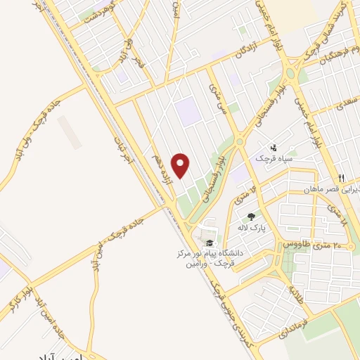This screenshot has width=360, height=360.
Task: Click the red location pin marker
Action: [x=181, y=165]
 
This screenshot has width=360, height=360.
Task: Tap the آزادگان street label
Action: [x=254, y=51]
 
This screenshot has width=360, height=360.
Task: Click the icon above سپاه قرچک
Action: [x=274, y=148]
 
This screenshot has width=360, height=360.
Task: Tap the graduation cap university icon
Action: [x=209, y=243]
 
